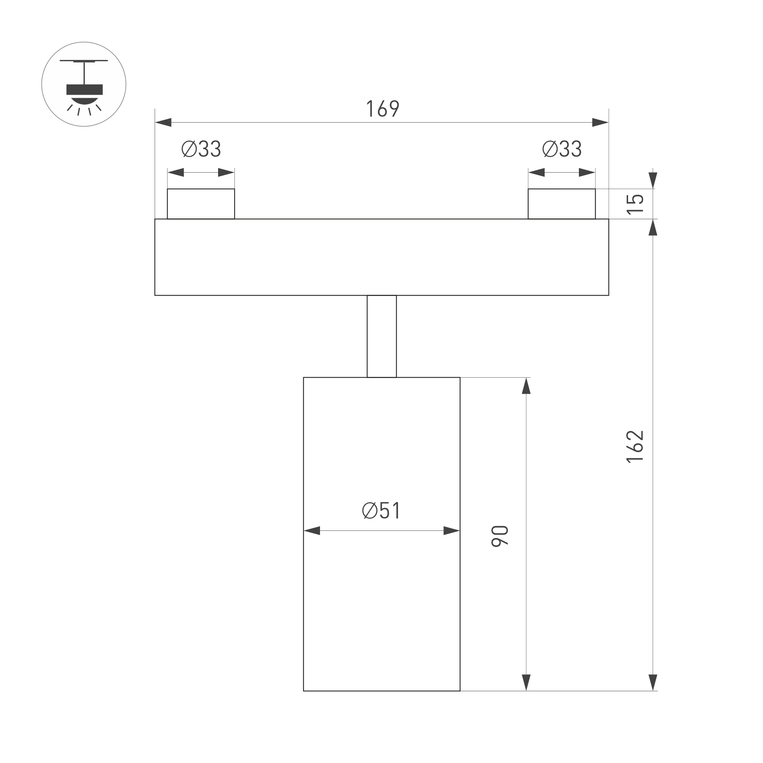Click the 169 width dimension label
pos(383,108)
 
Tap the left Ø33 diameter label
pos(201,149)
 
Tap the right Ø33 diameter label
pos(562,149)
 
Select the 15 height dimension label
pos(635,204)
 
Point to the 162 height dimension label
pos(635,446)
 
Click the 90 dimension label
pos(500,536)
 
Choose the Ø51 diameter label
pos(381,511)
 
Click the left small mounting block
pos(201,204)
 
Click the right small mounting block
pos(562,204)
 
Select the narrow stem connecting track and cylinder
pos(381,336)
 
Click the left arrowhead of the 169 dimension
pos(163,123)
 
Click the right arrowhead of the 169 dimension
pos(600,123)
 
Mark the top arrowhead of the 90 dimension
pos(526,386)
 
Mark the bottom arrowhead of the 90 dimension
pos(526,682)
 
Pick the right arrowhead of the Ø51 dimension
pos(451,531)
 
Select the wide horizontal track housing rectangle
pos(381,257)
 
